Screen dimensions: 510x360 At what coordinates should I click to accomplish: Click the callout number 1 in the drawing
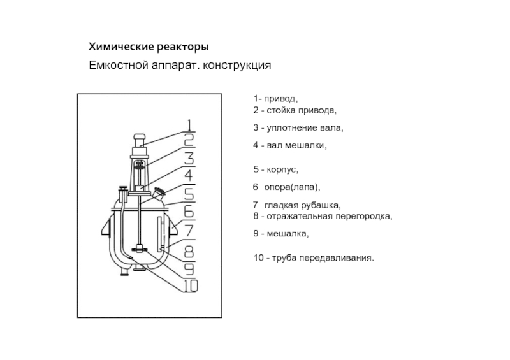pyautogui.click(x=190, y=124)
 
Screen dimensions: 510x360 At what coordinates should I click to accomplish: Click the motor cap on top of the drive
pyautogui.click(x=140, y=137)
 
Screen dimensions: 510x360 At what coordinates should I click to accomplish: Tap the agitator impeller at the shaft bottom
pyautogui.click(x=140, y=249)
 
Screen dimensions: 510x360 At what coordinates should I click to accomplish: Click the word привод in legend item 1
pyautogui.click(x=280, y=99)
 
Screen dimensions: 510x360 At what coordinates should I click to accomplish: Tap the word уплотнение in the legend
pyautogui.click(x=288, y=128)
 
